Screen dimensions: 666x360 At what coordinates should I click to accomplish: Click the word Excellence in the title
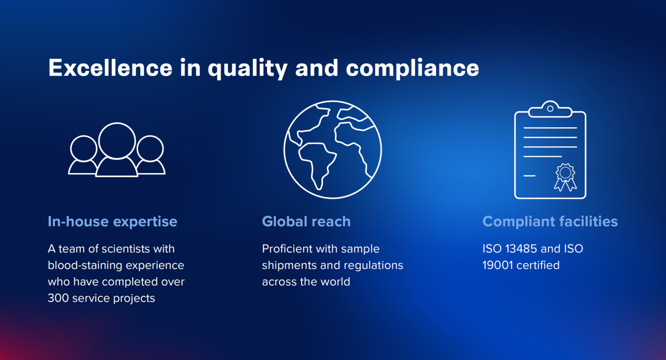(110, 68)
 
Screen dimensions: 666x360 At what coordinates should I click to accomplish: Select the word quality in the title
(247, 69)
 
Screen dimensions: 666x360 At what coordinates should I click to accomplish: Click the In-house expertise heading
(112, 222)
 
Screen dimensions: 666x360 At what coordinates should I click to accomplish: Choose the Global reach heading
(306, 222)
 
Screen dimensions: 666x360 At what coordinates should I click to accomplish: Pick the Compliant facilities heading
(550, 222)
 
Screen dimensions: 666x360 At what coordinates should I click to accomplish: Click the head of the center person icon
(117, 141)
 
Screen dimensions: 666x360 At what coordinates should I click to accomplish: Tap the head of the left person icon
(84, 149)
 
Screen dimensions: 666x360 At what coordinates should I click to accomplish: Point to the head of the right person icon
(150, 149)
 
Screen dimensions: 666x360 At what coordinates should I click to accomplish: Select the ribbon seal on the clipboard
(565, 177)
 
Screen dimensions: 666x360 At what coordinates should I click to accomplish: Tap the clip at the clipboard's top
(550, 109)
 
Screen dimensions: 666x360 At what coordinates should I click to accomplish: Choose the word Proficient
(288, 249)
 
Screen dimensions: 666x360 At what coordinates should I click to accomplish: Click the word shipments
(289, 266)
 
